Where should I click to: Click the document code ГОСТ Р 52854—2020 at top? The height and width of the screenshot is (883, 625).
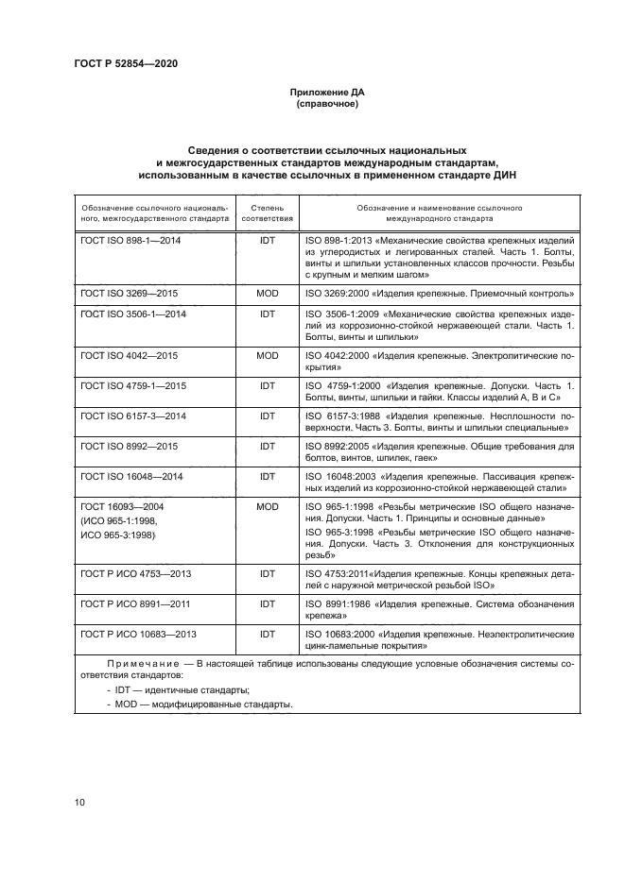(126, 63)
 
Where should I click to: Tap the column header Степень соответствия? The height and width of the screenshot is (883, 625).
(267, 212)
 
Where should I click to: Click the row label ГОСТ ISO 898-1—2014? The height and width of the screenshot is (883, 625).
(132, 241)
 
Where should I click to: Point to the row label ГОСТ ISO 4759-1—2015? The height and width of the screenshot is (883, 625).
(134, 386)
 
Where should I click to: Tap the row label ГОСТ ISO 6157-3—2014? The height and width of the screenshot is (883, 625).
(134, 416)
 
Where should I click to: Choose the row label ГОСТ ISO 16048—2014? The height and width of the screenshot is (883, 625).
(134, 476)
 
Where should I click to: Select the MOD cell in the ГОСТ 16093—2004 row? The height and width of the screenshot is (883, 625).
(267, 507)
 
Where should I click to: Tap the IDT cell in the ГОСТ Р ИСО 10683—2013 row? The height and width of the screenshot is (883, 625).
(267, 634)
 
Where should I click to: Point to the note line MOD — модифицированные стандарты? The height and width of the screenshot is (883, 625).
(200, 705)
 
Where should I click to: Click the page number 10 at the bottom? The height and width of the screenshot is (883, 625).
(79, 802)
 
